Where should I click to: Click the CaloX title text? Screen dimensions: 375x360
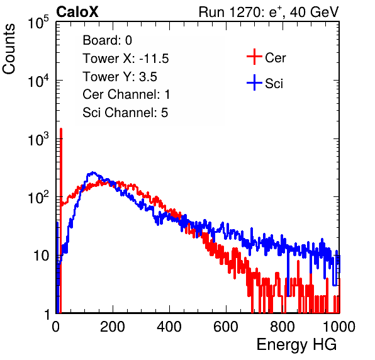tap(77, 12)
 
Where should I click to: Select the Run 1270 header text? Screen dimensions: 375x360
tap(269, 12)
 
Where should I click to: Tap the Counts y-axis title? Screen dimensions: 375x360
tap(9, 49)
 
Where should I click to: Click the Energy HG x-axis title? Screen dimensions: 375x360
tap(296, 345)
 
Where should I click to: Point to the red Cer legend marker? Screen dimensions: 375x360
tap(254, 57)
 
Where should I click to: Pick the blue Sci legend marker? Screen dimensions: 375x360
tap(254, 83)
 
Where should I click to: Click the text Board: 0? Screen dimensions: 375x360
tap(107, 40)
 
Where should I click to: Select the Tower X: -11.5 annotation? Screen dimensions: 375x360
tap(126, 59)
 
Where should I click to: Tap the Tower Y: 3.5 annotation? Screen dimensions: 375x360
tap(120, 77)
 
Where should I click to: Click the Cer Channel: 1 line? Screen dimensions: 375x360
tap(126, 94)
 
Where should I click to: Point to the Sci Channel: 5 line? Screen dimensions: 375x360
tap(125, 113)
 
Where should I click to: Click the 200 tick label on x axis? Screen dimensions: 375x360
tap(113, 327)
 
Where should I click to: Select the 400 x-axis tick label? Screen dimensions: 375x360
tap(169, 327)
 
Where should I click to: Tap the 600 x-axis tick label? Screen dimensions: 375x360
tap(226, 327)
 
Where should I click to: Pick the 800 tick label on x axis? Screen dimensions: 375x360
tap(283, 327)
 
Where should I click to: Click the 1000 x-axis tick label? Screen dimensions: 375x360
tap(339, 327)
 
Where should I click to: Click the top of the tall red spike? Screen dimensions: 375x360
tap(61, 129)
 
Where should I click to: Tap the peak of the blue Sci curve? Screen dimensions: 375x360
tap(93, 172)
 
